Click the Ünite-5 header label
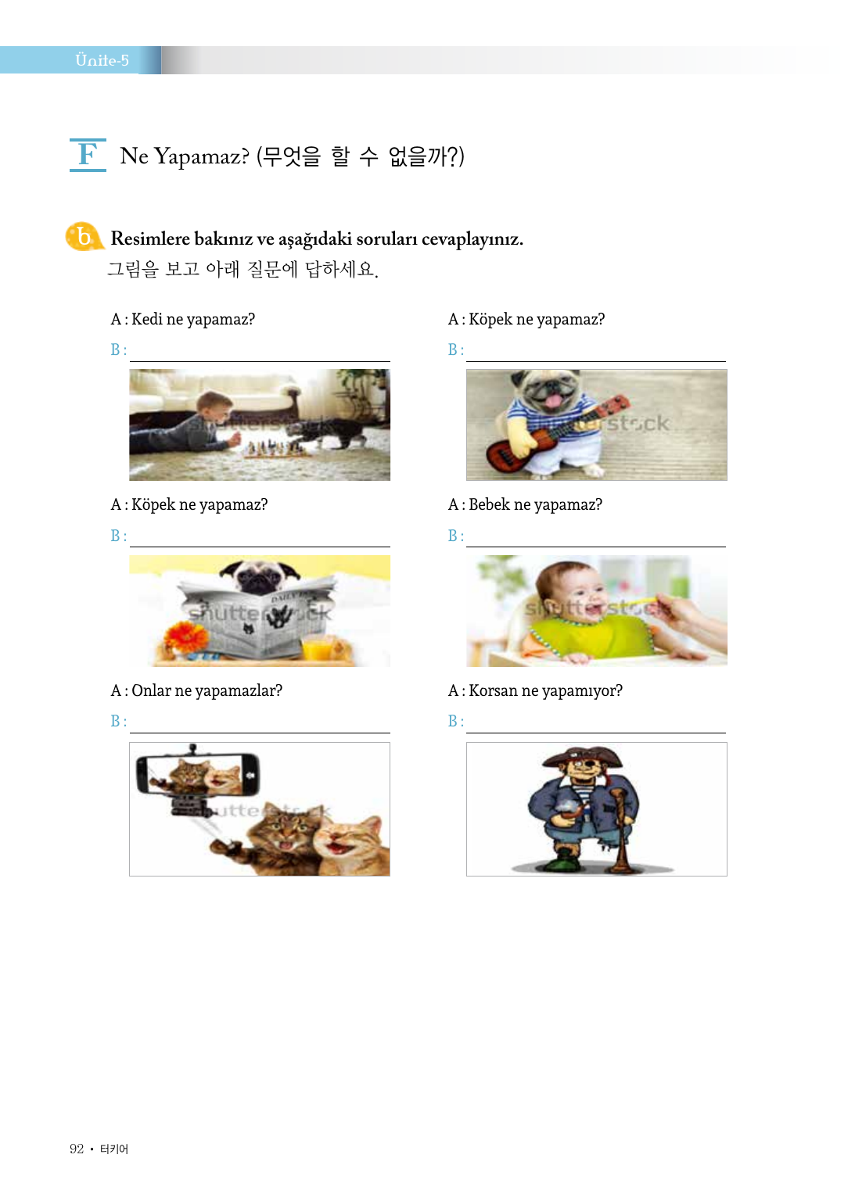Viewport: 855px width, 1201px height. pos(102,60)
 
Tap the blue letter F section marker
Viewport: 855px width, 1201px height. pos(88,154)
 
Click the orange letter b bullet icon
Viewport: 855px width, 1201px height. pos(84,236)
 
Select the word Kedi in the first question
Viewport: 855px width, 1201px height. pos(147,319)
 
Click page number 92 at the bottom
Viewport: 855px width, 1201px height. pos(77,1149)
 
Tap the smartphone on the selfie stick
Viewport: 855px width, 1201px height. pos(198,773)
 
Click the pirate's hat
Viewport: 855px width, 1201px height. pos(583,757)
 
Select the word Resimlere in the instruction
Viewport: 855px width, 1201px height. pos(150,238)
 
